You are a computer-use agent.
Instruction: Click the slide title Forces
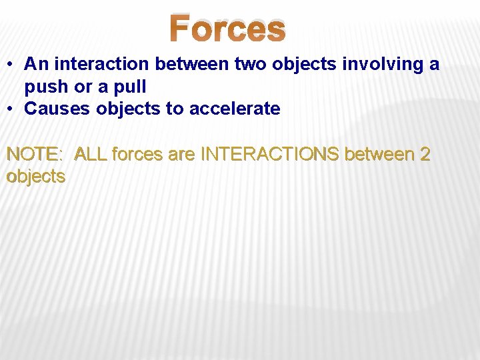(227, 29)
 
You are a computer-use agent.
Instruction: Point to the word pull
(130, 87)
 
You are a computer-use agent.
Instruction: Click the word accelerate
(235, 109)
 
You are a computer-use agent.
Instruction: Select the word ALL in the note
(91, 155)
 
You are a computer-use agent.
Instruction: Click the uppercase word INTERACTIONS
(271, 155)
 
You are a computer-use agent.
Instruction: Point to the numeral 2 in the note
(425, 155)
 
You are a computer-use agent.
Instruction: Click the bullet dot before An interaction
(11, 65)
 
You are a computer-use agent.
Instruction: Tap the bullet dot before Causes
(11, 109)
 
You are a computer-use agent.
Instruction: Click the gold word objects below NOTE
(35, 177)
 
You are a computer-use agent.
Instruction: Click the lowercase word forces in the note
(137, 155)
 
